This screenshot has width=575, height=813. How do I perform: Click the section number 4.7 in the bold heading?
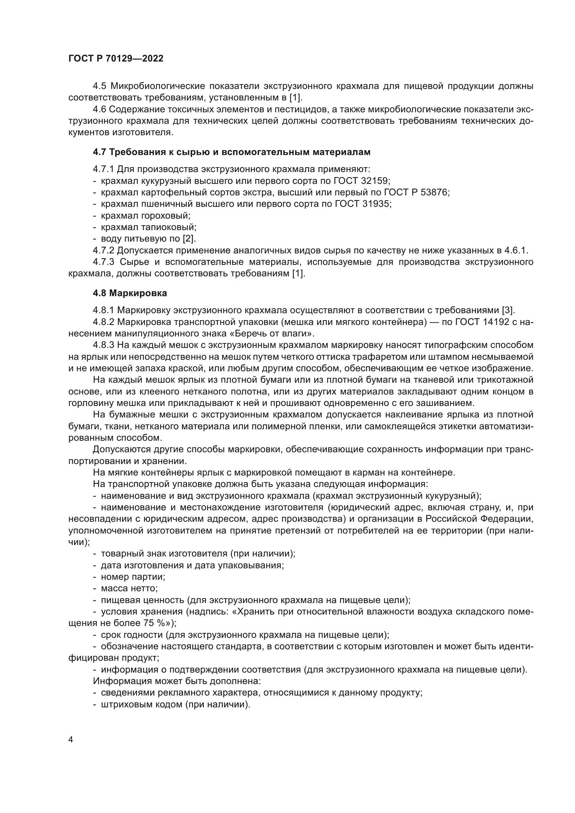coord(99,152)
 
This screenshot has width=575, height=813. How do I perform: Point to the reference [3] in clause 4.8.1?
coord(508,310)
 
